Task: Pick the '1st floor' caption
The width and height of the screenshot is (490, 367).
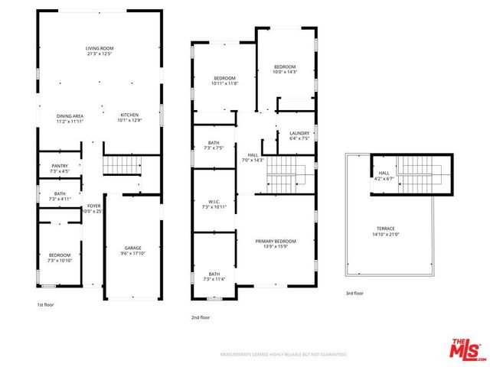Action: point(46,305)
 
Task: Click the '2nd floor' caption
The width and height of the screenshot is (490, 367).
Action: point(201,317)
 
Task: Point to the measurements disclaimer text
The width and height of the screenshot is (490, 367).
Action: point(283,355)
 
